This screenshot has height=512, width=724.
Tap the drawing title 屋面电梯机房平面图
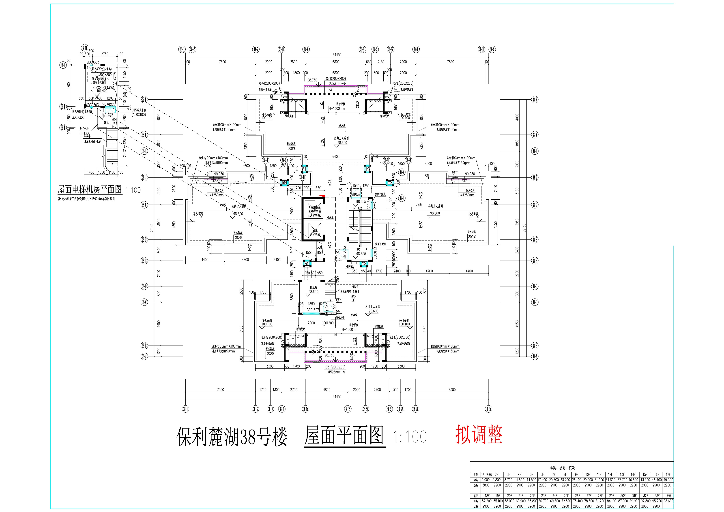click(x=90, y=190)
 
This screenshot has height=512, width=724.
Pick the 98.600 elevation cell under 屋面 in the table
click(x=668, y=501)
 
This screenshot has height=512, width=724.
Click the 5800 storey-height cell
click(x=486, y=485)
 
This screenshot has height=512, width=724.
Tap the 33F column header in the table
click(x=657, y=496)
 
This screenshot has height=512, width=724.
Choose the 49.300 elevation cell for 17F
click(x=668, y=480)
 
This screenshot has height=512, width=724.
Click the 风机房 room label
click(x=313, y=288)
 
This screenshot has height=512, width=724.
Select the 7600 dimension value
click(x=222, y=62)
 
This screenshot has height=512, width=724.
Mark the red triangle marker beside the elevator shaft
click(x=322, y=196)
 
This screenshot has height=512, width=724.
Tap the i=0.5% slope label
click(x=234, y=183)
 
